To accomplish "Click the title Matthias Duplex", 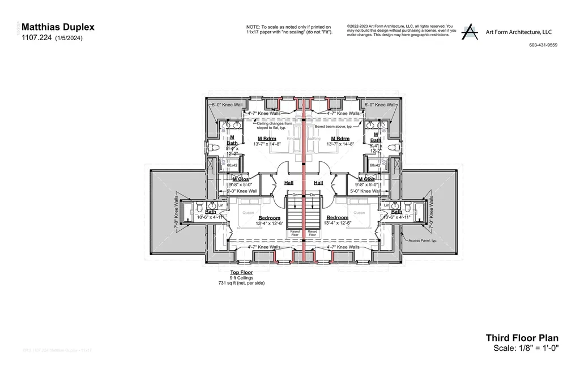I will (x=58, y=27).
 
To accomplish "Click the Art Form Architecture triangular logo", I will (x=469, y=32).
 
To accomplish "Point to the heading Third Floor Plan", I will (x=522, y=338).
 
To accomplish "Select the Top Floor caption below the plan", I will (x=241, y=272).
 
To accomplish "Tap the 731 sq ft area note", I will (x=241, y=282).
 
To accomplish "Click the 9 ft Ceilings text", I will (x=241, y=277).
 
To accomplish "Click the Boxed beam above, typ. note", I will (x=336, y=127).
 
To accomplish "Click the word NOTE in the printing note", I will (x=252, y=27).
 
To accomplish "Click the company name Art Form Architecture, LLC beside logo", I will (x=518, y=32).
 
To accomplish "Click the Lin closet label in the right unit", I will (x=386, y=205).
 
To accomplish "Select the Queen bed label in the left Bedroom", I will (x=248, y=213).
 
